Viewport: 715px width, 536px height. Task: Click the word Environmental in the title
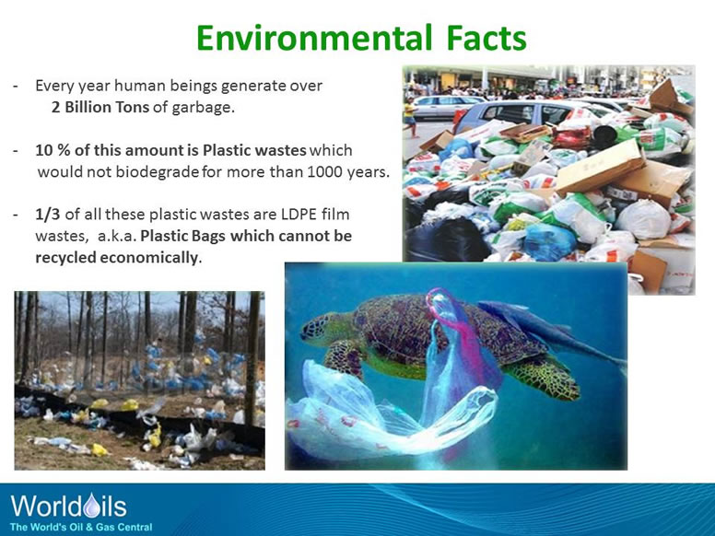pos(310,38)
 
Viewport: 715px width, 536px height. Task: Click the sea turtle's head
pos(319,327)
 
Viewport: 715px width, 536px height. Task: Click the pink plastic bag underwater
pos(456,341)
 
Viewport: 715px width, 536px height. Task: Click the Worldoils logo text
pos(68,506)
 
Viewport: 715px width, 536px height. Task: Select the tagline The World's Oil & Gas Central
pos(81,527)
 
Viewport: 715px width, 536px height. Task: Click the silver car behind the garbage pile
pos(498,114)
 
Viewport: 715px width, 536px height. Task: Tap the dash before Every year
pos(17,87)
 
